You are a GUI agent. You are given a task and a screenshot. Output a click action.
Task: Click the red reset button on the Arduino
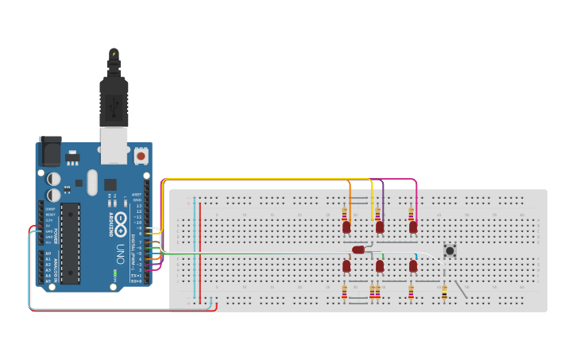coord(141,154)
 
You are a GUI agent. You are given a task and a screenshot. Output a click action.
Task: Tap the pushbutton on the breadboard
coord(450,250)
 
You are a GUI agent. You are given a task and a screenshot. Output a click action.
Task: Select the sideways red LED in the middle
coord(359,250)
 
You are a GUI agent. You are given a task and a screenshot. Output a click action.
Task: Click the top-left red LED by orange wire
coord(346,227)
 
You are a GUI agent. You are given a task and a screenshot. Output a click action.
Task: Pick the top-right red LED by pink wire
coord(413,227)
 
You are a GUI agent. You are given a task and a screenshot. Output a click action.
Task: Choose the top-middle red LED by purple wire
coord(380,227)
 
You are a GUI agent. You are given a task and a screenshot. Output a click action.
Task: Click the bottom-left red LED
coord(346,266)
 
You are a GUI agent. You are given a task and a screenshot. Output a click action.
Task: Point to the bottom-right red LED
coord(413,266)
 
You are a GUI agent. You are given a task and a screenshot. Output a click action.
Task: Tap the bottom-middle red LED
coord(380,266)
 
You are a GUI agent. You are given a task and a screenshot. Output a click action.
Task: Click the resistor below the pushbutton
coord(444,292)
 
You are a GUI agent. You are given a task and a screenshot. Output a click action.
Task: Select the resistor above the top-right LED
coord(411,214)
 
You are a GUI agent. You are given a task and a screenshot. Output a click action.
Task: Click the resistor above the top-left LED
coord(344,214)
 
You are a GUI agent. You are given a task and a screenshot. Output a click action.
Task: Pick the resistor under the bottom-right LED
coord(411,293)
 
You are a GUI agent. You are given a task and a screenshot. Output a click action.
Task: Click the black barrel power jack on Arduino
coord(49,151)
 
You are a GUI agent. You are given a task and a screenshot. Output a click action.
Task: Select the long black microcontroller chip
coord(71,243)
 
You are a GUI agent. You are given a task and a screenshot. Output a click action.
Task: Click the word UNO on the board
coord(122,255)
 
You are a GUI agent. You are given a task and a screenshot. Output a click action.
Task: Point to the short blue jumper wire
coord(416,256)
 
